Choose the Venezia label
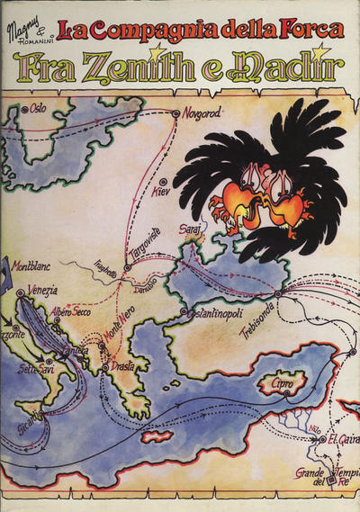point(40,290)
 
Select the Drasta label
point(124,367)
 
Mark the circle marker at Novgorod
point(175,114)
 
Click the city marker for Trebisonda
point(278,293)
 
